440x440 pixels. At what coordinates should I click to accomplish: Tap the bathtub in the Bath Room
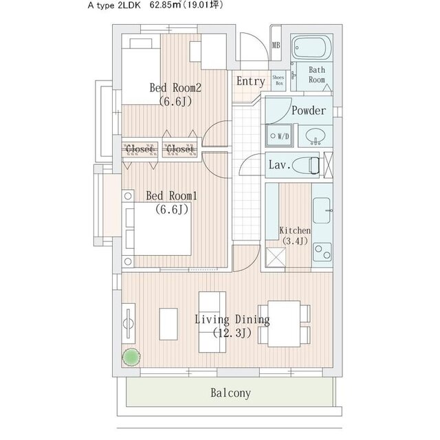click(312, 48)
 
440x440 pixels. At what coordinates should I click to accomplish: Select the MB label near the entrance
click(276, 46)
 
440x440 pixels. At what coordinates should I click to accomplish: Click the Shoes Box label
click(278, 80)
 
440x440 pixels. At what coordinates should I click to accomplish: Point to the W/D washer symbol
click(278, 135)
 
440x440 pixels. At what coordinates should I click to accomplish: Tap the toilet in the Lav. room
click(310, 166)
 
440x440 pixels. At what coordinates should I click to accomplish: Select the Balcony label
click(230, 394)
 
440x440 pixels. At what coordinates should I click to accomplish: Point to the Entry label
click(250, 81)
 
